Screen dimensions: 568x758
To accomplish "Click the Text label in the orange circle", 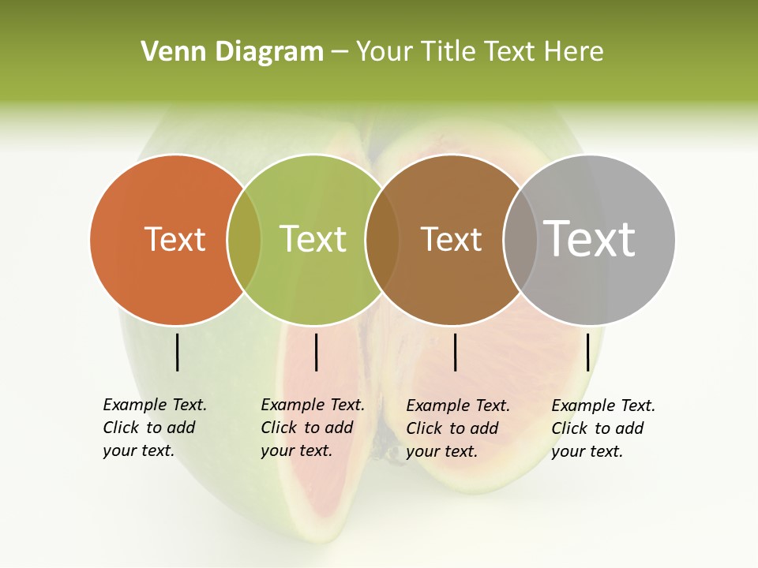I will pos(174,239).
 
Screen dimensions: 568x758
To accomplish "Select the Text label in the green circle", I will pos(313,239).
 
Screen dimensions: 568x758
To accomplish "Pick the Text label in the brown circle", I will pos(451,239).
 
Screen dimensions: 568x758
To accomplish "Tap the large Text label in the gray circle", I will pos(590,239).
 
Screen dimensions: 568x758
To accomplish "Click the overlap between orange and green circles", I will pos(244,240).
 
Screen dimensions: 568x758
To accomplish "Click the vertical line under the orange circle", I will pos(177,352).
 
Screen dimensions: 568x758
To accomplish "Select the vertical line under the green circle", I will pos(316,352).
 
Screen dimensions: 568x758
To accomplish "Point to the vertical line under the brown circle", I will pos(455,352).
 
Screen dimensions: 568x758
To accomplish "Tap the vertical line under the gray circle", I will pos(587,352).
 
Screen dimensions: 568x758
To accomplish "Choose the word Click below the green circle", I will pos(279,428).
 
